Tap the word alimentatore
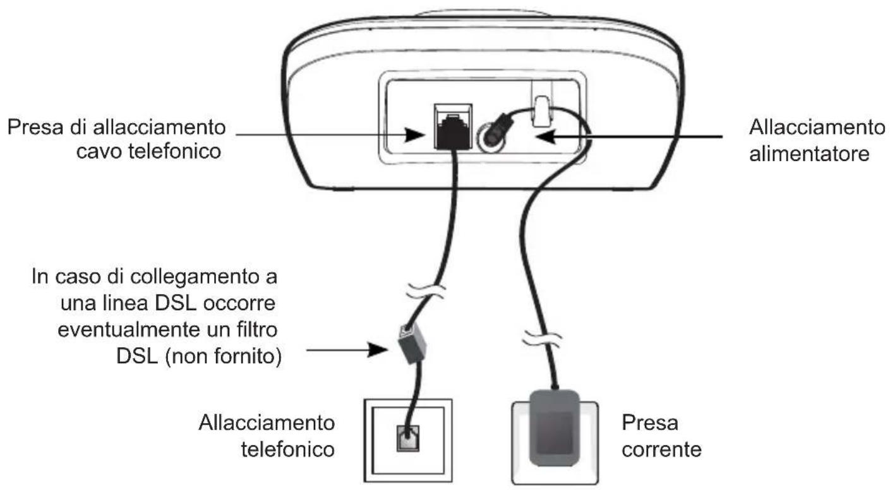(807, 153)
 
